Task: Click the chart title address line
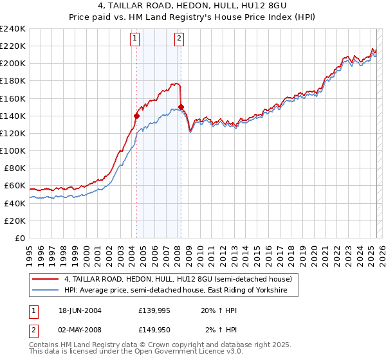coord(194,6)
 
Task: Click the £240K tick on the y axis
coord(13,28)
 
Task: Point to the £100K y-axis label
coord(13,150)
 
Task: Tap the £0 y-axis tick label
coord(20,238)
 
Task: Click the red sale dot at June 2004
coord(136,116)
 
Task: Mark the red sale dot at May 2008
coord(181,107)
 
